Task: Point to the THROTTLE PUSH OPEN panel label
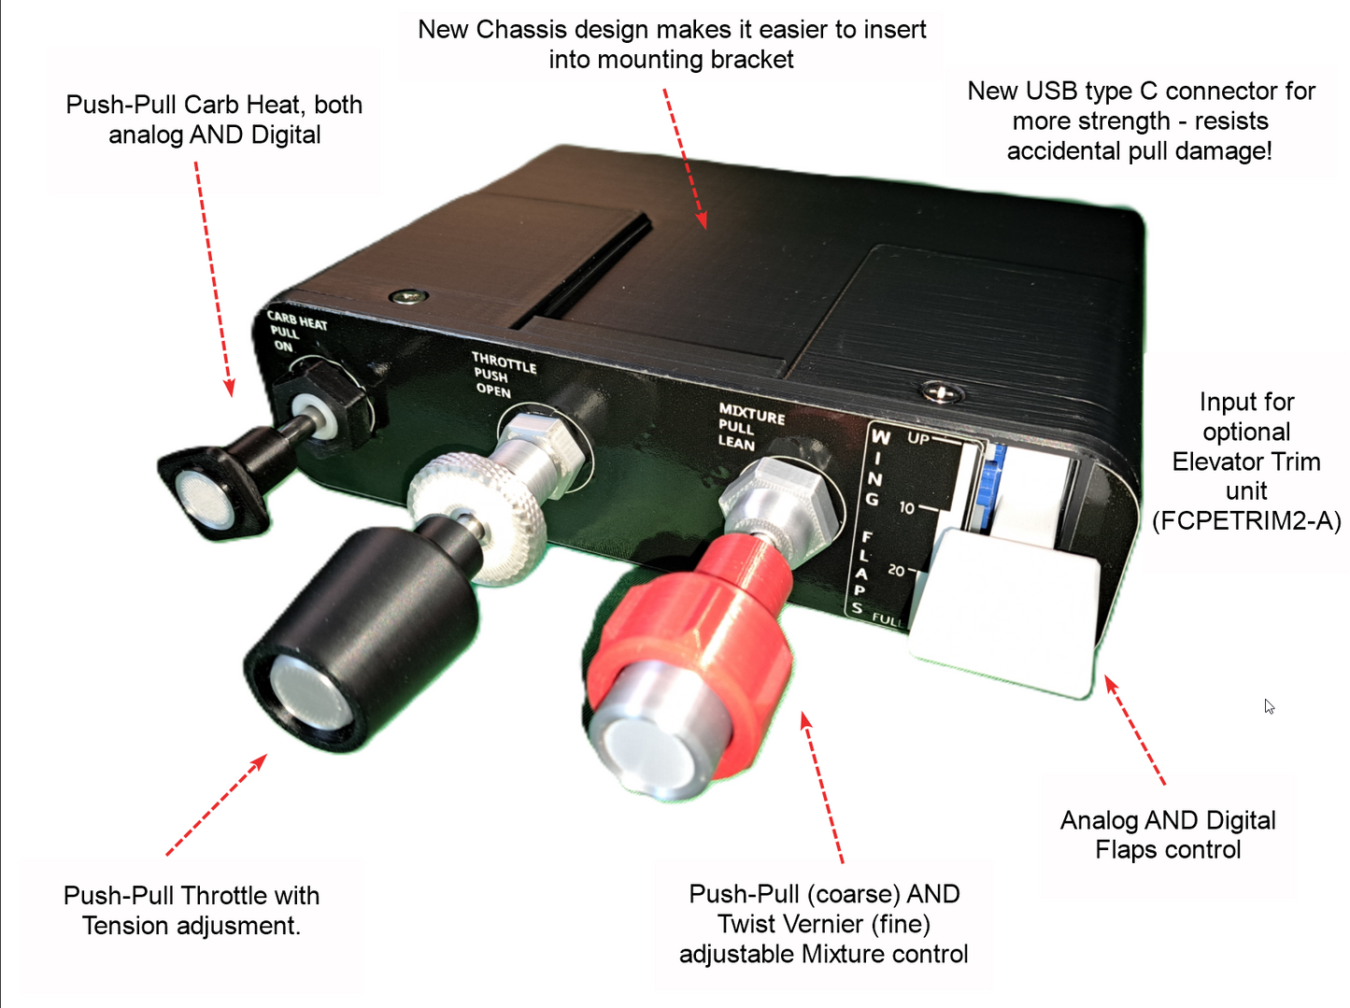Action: coord(502,374)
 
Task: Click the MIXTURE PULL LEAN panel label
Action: coord(749,426)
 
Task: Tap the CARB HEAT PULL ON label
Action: coord(295,331)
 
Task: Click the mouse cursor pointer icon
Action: coord(1269,706)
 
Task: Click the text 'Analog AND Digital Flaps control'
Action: coord(1168,834)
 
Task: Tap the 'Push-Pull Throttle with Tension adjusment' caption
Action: coord(192,910)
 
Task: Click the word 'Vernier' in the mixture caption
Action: coord(791,924)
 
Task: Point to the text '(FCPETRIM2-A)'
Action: coord(1246,520)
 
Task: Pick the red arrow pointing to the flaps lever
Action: coord(1134,729)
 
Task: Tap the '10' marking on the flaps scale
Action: coord(906,508)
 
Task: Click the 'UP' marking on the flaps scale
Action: coord(918,438)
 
